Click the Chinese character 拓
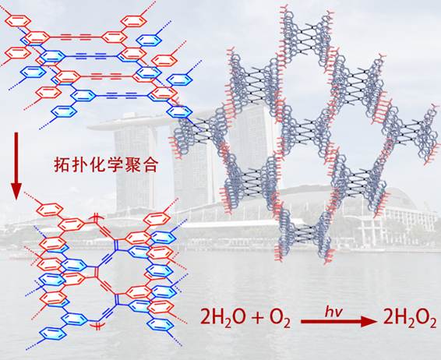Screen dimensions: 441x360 coord(62,164)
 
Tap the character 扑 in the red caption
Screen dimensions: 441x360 coord(79,164)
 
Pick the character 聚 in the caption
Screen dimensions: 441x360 coord(132,164)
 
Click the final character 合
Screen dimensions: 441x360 coord(149,164)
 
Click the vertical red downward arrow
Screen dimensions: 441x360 coord(16,166)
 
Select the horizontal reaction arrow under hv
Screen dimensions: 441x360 coord(339,321)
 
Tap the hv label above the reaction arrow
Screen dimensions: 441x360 coord(333,312)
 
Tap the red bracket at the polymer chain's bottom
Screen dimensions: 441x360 coord(97,326)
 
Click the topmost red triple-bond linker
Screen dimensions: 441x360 coord(76,36)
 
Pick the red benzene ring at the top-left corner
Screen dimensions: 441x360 coord(18,20)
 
